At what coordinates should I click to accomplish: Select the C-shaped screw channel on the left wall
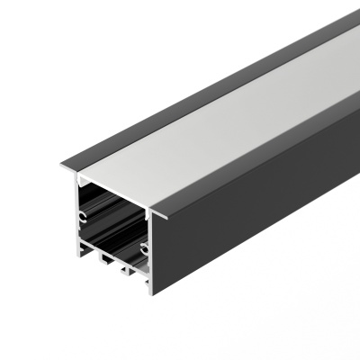pyautogui.click(x=82, y=217)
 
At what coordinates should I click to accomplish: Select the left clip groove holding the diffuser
pyautogui.click(x=79, y=179)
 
